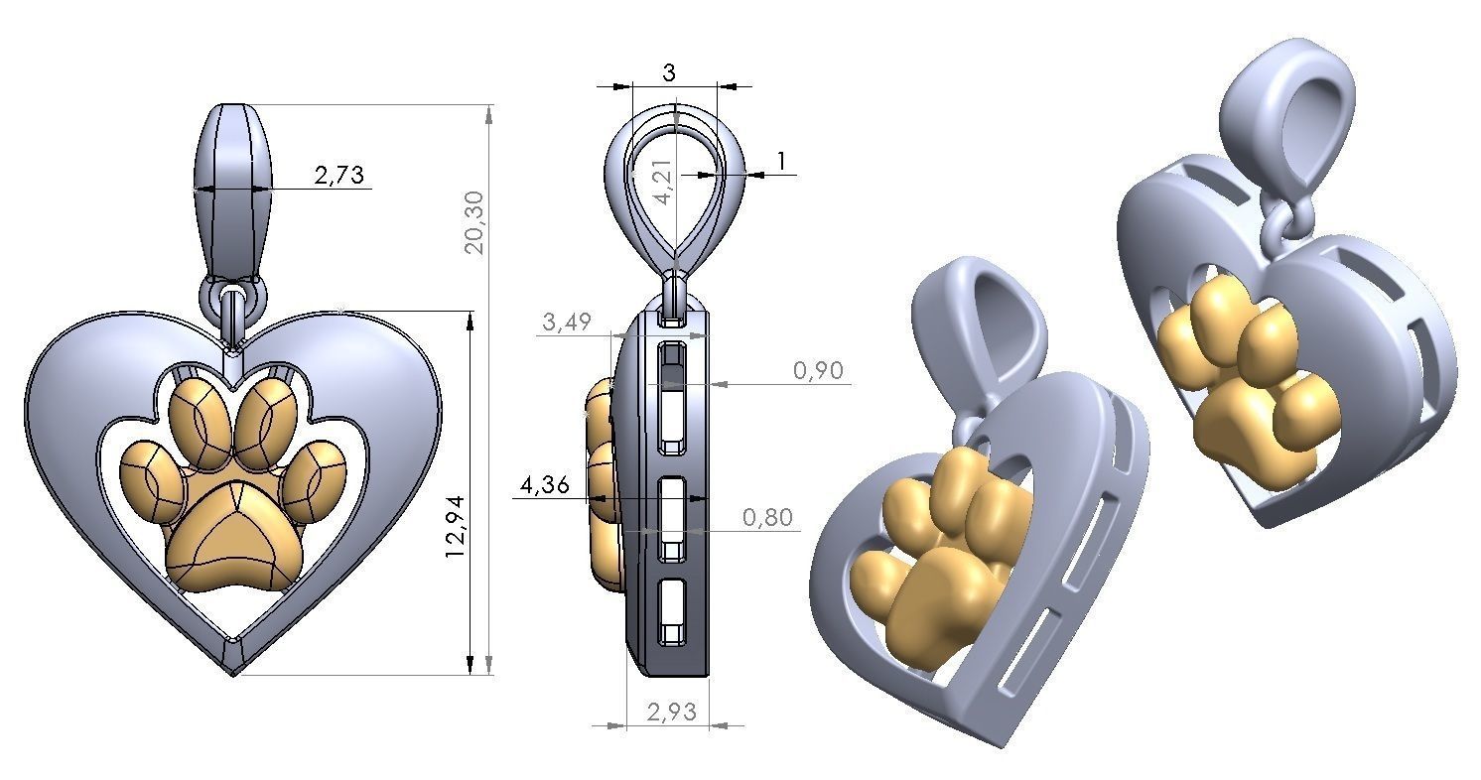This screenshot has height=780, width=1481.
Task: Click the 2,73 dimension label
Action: [x=338, y=177]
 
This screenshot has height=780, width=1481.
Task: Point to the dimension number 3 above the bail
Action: [x=668, y=72]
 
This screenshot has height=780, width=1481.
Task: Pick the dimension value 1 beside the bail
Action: [x=782, y=161]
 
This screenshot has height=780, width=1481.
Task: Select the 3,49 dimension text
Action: [x=567, y=322]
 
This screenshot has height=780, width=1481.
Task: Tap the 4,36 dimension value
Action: [x=543, y=485]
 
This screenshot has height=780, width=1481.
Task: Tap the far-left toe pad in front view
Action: [x=154, y=479]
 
